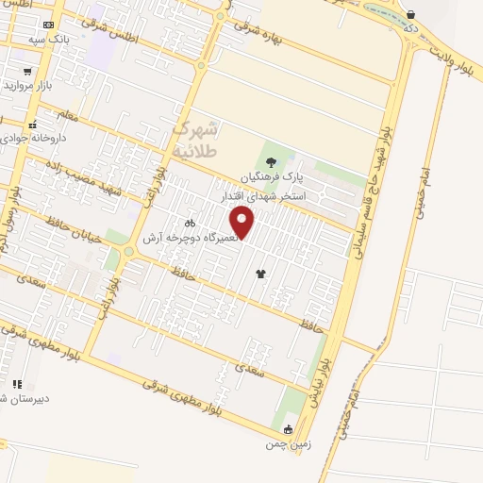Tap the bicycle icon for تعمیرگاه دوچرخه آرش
tap(190, 225)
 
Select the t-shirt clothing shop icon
tap(260, 274)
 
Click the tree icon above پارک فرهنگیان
tap(272, 161)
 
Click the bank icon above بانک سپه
tap(48, 24)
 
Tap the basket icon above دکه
tap(410, 14)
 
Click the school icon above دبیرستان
tap(17, 384)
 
